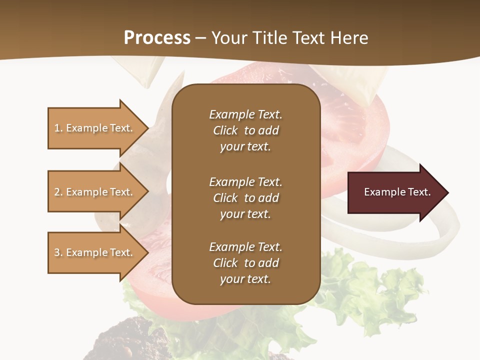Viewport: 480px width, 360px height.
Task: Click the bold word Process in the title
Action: [x=157, y=38]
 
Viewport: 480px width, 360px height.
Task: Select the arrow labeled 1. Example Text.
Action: [x=95, y=128]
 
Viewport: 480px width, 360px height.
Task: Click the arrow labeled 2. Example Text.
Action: [x=95, y=192]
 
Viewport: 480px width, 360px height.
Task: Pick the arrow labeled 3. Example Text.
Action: [x=95, y=252]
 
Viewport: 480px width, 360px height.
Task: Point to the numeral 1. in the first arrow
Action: [x=58, y=128]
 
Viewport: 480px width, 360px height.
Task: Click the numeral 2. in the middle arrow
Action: [x=58, y=192]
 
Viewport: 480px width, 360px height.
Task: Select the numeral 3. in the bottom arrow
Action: [x=58, y=252]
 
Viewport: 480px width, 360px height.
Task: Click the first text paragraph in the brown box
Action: [x=245, y=130]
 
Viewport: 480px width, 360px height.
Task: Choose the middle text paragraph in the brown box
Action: [x=245, y=198]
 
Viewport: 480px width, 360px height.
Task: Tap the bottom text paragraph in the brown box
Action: [x=245, y=263]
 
